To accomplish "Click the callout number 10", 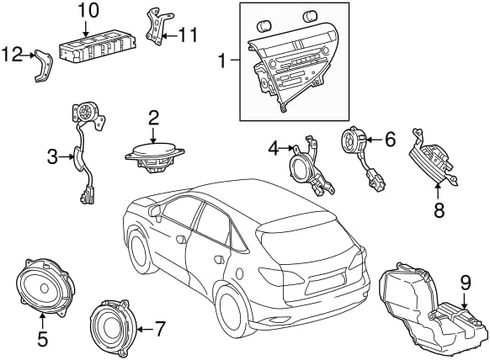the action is pyautogui.click(x=88, y=11).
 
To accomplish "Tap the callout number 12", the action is pyautogui.click(x=13, y=55).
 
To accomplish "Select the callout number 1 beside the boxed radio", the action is pyautogui.click(x=222, y=61).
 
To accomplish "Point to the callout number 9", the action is pyautogui.click(x=466, y=283).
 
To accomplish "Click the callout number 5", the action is pyautogui.click(x=42, y=338).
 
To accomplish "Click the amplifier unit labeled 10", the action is pyautogui.click(x=98, y=47).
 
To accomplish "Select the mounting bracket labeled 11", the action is pyautogui.click(x=159, y=27).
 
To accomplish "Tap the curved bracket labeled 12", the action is pyautogui.click(x=43, y=66).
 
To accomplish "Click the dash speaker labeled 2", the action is pyautogui.click(x=154, y=158).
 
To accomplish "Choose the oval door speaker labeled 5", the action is pyautogui.click(x=45, y=288).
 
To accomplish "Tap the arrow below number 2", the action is pyautogui.click(x=153, y=135).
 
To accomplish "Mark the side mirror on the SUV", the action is pyautogui.click(x=155, y=211).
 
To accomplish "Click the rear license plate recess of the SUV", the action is pyautogui.click(x=326, y=281).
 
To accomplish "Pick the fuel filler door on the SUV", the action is pyautogui.click(x=239, y=273).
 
